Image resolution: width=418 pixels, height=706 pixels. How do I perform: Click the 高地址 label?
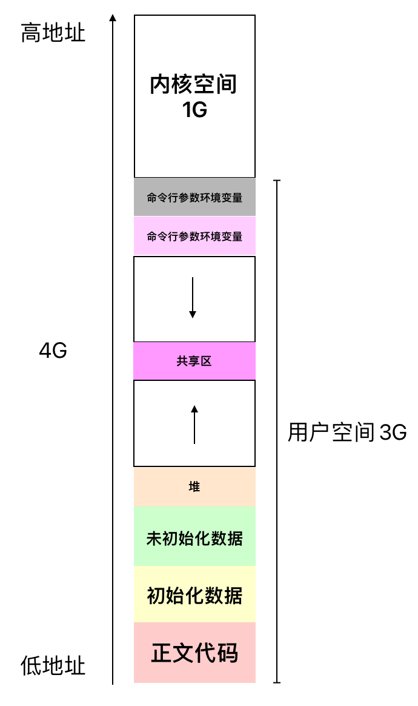click(53, 33)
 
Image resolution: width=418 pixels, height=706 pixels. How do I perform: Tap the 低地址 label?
click(53, 665)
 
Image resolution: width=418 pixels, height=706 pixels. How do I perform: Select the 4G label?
click(53, 351)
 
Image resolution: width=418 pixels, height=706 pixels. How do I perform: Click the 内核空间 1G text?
click(194, 96)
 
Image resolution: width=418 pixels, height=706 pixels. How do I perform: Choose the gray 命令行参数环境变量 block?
click(194, 197)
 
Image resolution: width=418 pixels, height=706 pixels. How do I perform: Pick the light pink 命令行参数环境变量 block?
click(194, 236)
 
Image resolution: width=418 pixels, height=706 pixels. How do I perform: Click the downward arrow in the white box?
click(193, 298)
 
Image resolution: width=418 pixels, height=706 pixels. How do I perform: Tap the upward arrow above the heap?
click(194, 425)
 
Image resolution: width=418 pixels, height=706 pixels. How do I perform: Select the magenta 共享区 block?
click(194, 361)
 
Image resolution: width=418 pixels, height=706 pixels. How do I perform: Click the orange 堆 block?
click(194, 487)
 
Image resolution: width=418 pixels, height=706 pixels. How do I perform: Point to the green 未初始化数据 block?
click(194, 537)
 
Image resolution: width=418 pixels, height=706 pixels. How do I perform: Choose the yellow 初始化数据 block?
click(194, 595)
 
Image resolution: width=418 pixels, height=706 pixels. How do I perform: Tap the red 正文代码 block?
click(194, 653)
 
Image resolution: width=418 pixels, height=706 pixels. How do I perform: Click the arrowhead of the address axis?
click(112, 18)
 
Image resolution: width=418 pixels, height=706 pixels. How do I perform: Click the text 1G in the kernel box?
click(194, 110)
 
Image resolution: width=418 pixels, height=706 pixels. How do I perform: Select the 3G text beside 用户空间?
click(393, 433)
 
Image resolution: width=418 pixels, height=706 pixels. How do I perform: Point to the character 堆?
click(194, 487)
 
